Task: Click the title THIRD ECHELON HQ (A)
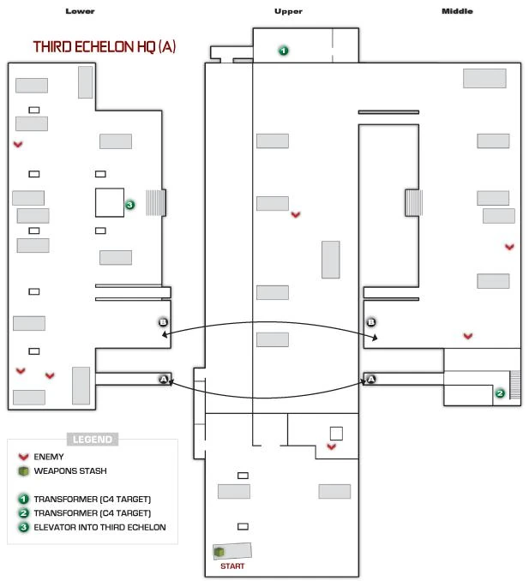click(105, 47)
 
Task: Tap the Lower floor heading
click(80, 11)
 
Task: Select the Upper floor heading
click(288, 11)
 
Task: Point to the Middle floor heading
click(456, 11)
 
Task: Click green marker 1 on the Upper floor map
click(283, 51)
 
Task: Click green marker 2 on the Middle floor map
click(500, 393)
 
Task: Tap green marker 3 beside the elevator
click(129, 205)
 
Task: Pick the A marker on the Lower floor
click(163, 379)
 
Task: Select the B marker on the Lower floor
click(163, 322)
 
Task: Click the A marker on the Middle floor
click(371, 379)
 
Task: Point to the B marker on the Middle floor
click(371, 322)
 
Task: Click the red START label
click(232, 566)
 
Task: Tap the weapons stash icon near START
click(219, 552)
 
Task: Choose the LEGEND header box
click(93, 439)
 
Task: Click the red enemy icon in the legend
click(23, 457)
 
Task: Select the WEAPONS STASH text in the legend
click(70, 470)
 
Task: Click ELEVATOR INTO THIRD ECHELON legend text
click(99, 527)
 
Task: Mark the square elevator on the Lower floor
click(109, 202)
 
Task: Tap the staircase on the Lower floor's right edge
click(155, 202)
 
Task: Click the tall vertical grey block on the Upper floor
click(330, 259)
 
